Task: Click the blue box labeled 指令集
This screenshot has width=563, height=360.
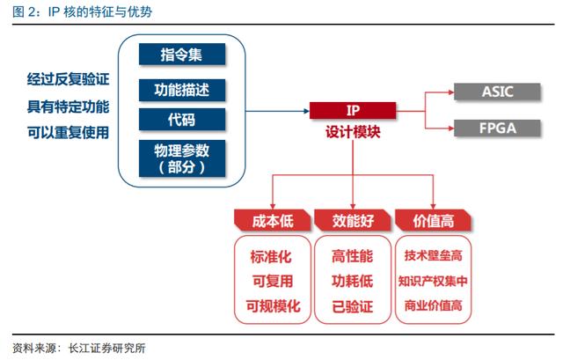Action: click(x=182, y=55)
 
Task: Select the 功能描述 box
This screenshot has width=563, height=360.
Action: click(x=182, y=90)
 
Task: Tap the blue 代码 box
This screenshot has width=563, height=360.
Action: click(x=182, y=120)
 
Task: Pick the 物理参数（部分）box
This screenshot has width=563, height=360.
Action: click(x=182, y=158)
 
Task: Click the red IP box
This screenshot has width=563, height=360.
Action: click(x=353, y=110)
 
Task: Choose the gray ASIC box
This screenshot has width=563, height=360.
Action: click(x=497, y=92)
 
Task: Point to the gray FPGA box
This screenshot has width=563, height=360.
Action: click(x=497, y=129)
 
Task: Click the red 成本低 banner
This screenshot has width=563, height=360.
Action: click(x=273, y=220)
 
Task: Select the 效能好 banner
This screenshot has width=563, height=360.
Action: click(x=353, y=220)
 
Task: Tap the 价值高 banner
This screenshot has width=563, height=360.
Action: click(x=434, y=220)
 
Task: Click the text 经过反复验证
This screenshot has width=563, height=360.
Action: click(x=69, y=79)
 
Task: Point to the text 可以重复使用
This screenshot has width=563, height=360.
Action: click(x=69, y=132)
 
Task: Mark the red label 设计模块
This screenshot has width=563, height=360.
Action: click(x=353, y=132)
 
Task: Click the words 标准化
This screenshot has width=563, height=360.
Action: click(x=271, y=256)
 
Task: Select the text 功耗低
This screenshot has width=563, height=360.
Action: click(x=352, y=281)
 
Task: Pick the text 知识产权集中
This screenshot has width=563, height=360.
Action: click(x=433, y=281)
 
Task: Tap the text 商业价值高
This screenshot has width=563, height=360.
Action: click(x=433, y=305)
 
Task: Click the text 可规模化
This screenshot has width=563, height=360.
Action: click(x=273, y=306)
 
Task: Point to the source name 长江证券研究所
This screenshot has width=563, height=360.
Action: click(x=106, y=349)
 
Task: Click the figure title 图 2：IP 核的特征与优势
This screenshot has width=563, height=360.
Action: click(x=82, y=11)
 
